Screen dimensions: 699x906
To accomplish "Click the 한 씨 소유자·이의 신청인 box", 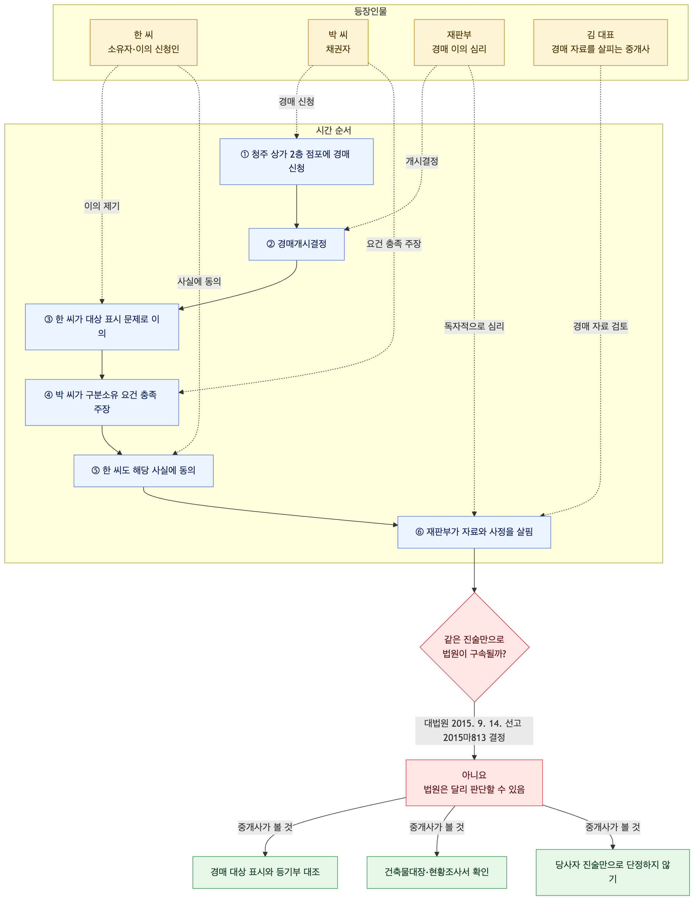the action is coord(143,42).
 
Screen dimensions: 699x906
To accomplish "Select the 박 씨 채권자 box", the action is coord(338,42).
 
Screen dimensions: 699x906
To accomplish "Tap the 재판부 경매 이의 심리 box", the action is coord(459,42).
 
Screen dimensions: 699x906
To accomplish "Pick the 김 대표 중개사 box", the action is coord(600,42).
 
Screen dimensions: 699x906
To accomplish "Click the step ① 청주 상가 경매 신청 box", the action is coord(296,161).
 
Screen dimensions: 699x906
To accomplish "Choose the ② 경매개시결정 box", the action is coord(296,244).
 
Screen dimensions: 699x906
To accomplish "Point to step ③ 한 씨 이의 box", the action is coord(102,327).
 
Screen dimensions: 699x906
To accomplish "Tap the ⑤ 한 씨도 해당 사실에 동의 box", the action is coord(143,471).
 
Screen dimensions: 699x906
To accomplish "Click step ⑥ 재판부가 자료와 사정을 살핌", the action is coord(474,532).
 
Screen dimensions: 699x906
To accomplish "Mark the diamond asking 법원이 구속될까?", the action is coord(474,647).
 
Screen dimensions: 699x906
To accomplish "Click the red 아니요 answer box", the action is coord(474,783).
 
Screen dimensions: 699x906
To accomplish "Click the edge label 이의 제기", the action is coord(102,206).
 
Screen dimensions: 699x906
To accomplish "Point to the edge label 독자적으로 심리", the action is coord(474,327).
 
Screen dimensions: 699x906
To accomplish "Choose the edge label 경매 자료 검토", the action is coord(600,327).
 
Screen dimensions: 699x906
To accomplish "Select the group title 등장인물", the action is coord(370,11).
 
